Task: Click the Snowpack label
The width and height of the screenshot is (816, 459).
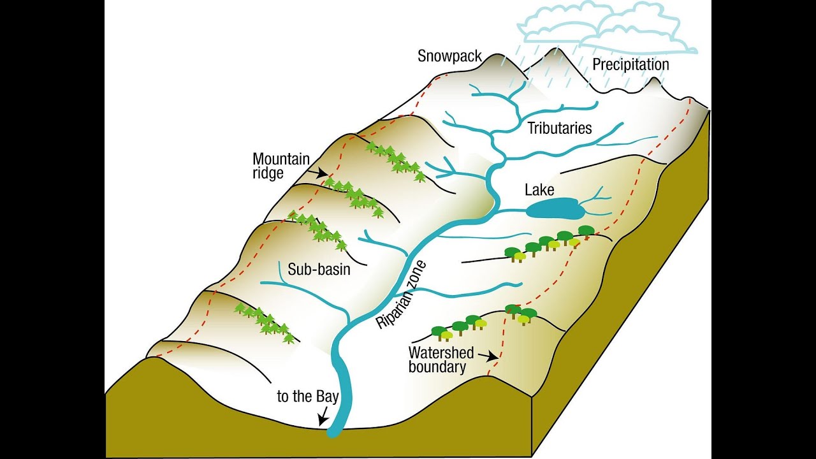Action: pyautogui.click(x=449, y=55)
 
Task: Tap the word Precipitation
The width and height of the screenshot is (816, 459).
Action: pyautogui.click(x=630, y=64)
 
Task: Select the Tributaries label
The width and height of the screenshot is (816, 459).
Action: pyautogui.click(x=560, y=128)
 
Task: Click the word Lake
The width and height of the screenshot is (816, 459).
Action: pyautogui.click(x=539, y=189)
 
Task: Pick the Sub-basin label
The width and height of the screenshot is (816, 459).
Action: pyautogui.click(x=319, y=269)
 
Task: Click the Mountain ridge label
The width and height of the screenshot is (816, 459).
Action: pyautogui.click(x=281, y=166)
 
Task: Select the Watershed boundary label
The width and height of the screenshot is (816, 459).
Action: pyautogui.click(x=441, y=360)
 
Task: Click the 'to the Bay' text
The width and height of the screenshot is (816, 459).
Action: pyautogui.click(x=307, y=397)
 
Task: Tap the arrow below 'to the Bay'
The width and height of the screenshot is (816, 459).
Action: pyautogui.click(x=323, y=417)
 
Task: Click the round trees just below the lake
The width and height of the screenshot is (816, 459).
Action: pyautogui.click(x=548, y=242)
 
